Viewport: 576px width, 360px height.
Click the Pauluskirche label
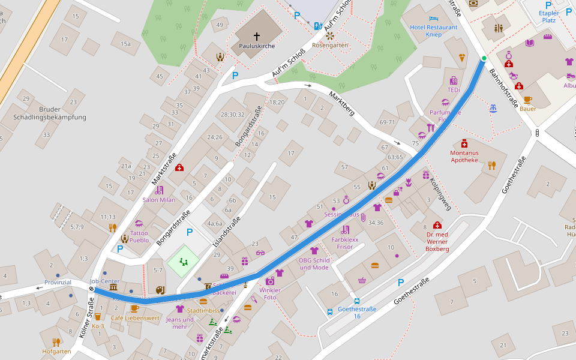point(256,46)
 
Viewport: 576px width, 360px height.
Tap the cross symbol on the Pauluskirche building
point(257,36)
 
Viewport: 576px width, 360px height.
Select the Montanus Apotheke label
point(464,157)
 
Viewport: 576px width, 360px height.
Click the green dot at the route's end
point(484,58)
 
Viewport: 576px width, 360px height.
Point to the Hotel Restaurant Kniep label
point(434,31)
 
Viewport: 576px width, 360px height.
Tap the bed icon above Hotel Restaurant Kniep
point(434,19)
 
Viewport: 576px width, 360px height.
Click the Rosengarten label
point(330,46)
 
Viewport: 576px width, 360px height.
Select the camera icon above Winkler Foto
point(270,281)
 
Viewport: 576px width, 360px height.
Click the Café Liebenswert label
point(134,318)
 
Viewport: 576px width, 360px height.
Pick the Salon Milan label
point(158,200)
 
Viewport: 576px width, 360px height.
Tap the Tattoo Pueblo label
point(139,236)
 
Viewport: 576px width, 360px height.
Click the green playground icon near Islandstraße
point(183,262)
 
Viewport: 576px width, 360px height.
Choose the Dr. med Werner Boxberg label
point(437,241)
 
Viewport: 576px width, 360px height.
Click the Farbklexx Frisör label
point(345,243)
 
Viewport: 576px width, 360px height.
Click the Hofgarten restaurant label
point(56,351)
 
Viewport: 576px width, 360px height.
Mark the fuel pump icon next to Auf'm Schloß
point(317,26)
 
